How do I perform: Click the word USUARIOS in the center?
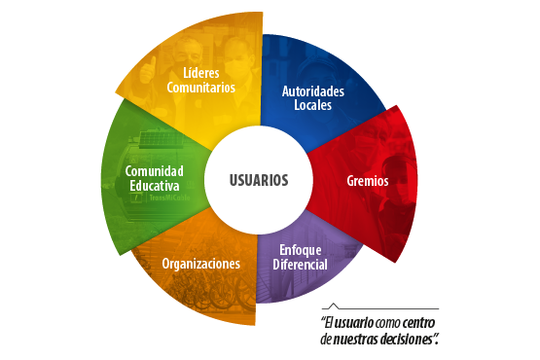[259, 180]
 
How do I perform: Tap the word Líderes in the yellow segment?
[201, 73]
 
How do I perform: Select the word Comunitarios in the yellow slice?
[201, 88]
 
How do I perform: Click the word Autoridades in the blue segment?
[312, 91]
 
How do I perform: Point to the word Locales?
[312, 105]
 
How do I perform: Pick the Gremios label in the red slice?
[367, 181]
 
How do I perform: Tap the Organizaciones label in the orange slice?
[201, 264]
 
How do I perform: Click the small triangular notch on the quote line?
[334, 305]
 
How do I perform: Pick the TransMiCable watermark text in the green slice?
[155, 201]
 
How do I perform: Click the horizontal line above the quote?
[389, 308]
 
